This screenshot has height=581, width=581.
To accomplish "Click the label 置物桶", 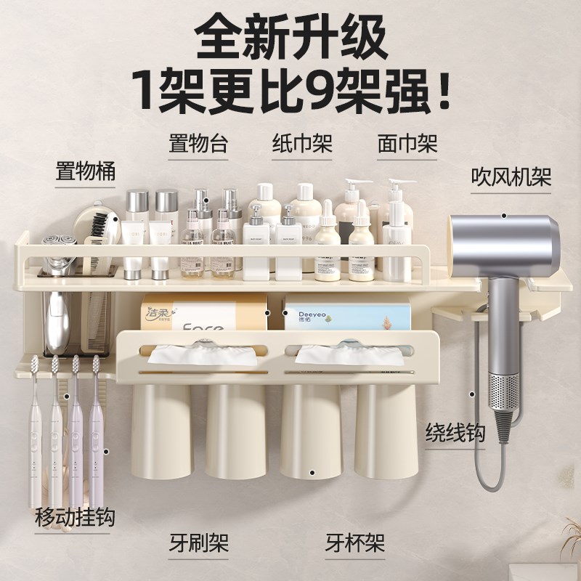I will click(x=86, y=173).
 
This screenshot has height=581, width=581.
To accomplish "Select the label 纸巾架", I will click(x=302, y=143).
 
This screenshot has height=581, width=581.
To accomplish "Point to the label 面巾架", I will click(x=407, y=143).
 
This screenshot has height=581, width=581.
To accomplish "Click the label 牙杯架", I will click(x=354, y=542).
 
